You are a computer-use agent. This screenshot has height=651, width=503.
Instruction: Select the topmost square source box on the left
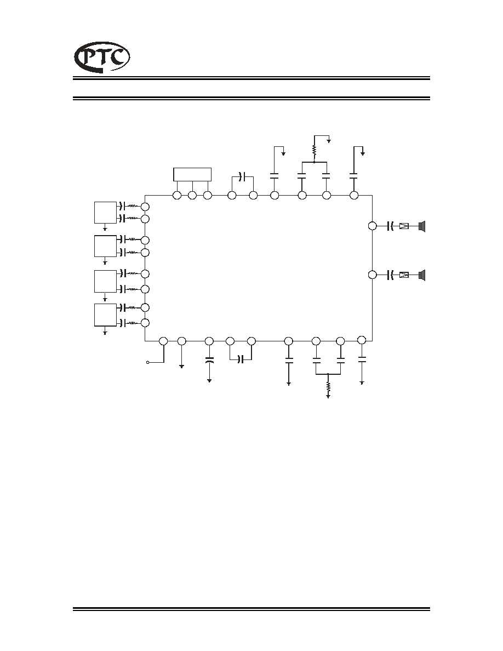click(x=105, y=212)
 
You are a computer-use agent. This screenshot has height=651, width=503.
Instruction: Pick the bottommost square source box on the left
click(x=105, y=315)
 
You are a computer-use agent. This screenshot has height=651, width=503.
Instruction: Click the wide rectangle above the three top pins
click(x=192, y=174)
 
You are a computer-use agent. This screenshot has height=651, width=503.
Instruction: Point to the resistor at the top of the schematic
click(x=315, y=150)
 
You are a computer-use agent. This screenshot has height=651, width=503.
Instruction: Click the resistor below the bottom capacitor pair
click(x=328, y=387)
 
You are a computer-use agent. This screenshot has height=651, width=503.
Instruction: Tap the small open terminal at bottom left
click(x=147, y=363)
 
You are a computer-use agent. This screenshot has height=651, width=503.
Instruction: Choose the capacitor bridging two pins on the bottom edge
click(x=241, y=359)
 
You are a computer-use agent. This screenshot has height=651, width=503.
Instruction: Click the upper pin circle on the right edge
click(x=372, y=226)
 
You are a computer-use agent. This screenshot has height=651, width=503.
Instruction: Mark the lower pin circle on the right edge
click(x=372, y=275)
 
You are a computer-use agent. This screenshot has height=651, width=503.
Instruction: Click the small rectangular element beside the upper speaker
click(x=404, y=226)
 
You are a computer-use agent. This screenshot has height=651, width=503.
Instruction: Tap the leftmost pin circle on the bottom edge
click(x=163, y=341)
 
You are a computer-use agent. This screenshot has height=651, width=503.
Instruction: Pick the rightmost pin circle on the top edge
click(x=354, y=195)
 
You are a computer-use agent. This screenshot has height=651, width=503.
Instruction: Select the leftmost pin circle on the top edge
click(x=177, y=195)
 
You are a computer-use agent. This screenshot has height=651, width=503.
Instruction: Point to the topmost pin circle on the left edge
click(x=145, y=207)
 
